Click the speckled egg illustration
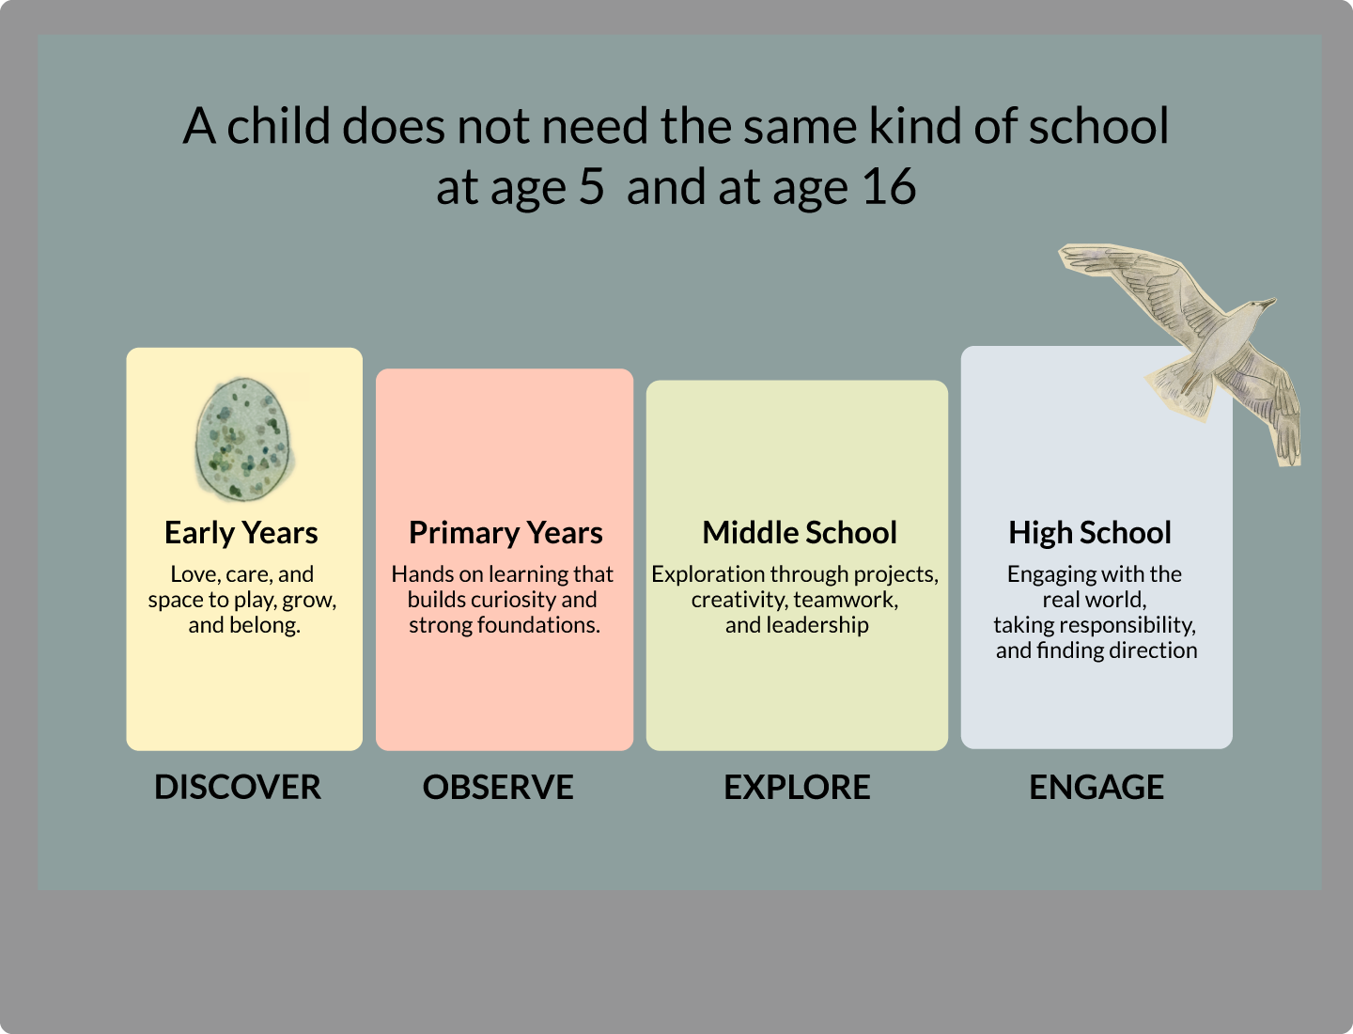click(242, 438)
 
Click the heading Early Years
click(241, 533)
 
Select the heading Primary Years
click(505, 533)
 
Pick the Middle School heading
click(800, 533)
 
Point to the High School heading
click(1090, 533)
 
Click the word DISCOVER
click(238, 788)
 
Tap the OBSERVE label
click(498, 788)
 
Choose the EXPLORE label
click(797, 788)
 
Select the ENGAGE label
click(1096, 788)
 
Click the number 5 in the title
click(591, 187)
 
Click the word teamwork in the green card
click(846, 600)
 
